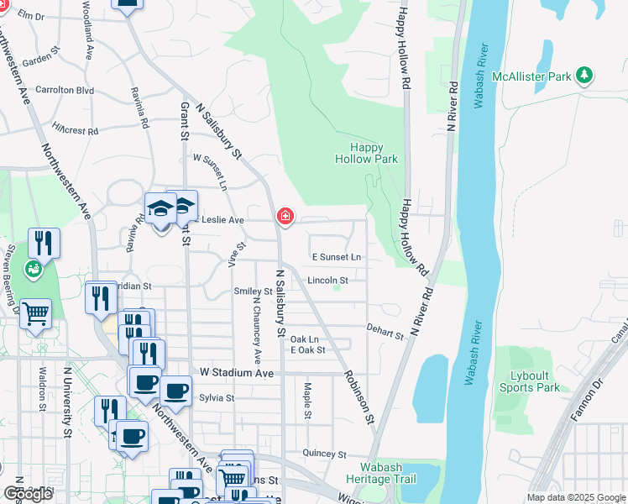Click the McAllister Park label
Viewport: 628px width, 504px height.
tap(531, 76)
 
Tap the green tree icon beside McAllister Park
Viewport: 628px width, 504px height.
tap(584, 76)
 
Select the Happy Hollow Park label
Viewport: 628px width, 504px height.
tap(366, 153)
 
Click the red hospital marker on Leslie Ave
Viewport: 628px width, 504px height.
tap(285, 218)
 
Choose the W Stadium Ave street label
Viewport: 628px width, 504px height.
tap(237, 372)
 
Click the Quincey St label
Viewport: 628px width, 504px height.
tap(324, 454)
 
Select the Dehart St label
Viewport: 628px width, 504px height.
tap(385, 332)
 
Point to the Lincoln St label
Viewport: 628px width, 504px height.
tap(327, 280)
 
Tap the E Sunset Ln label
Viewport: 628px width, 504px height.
tap(336, 256)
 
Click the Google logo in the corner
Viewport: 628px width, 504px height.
tap(28, 494)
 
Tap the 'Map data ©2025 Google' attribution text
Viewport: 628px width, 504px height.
tap(576, 497)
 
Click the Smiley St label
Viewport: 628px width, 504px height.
tap(254, 291)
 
